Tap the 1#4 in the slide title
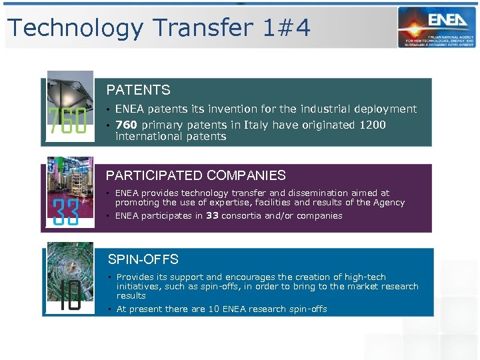(287, 28)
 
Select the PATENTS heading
(138, 90)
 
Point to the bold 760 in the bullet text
(127, 125)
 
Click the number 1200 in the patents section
(373, 125)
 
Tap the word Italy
(257, 125)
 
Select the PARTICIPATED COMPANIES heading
(196, 175)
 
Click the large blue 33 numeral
(66, 213)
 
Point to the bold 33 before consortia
(212, 215)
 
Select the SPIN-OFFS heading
(143, 259)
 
